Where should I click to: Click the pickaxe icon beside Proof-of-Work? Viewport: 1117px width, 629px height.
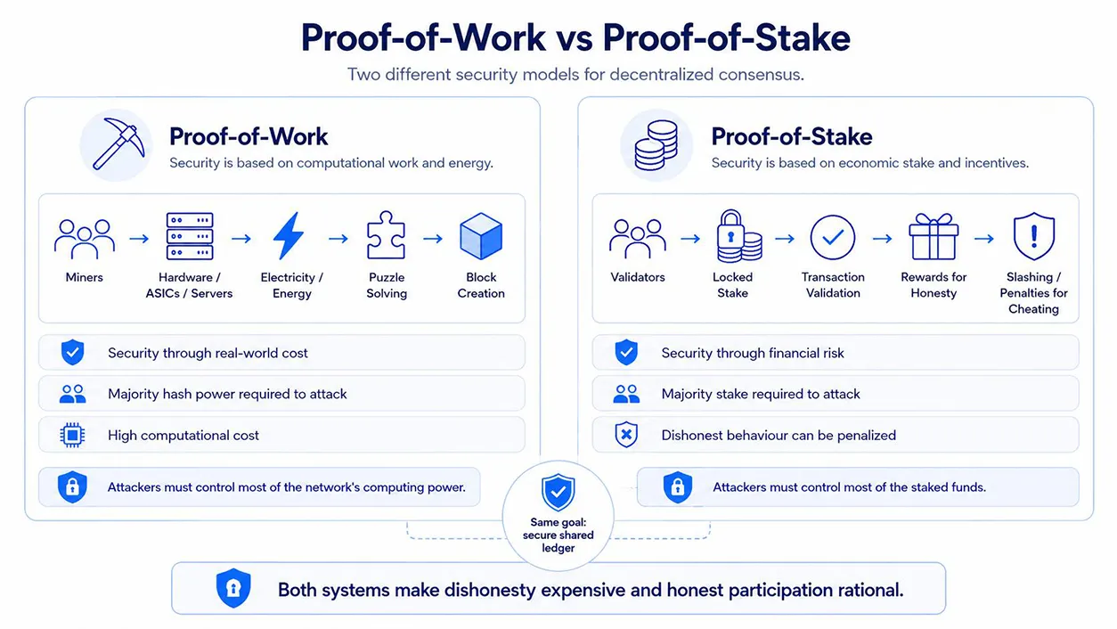(x=118, y=143)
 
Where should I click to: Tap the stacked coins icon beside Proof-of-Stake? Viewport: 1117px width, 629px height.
(x=656, y=145)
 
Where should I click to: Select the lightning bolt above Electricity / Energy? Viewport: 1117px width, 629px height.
(x=289, y=236)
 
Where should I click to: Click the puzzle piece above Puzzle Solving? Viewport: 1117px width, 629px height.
(x=386, y=235)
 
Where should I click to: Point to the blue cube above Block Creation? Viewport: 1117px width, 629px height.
(x=481, y=236)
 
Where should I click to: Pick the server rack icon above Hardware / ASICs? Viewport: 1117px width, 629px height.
(x=190, y=236)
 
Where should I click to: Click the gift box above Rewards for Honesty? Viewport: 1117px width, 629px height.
(x=934, y=236)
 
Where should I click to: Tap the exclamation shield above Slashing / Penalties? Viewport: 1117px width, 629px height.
(x=1034, y=236)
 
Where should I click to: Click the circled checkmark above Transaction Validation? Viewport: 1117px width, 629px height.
(x=833, y=237)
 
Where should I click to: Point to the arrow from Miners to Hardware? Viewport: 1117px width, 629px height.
(x=139, y=239)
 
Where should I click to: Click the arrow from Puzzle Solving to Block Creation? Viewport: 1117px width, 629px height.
(x=433, y=239)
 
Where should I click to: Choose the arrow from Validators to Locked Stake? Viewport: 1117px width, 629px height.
(x=690, y=239)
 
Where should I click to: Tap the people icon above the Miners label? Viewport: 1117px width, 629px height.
(x=85, y=239)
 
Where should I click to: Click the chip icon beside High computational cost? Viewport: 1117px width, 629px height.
(x=72, y=435)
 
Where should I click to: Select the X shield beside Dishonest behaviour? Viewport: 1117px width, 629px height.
(x=626, y=435)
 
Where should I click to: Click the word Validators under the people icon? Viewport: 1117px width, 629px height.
(x=638, y=277)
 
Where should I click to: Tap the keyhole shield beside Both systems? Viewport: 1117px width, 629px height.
(x=233, y=588)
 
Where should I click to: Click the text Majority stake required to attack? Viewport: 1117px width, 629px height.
(x=761, y=394)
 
